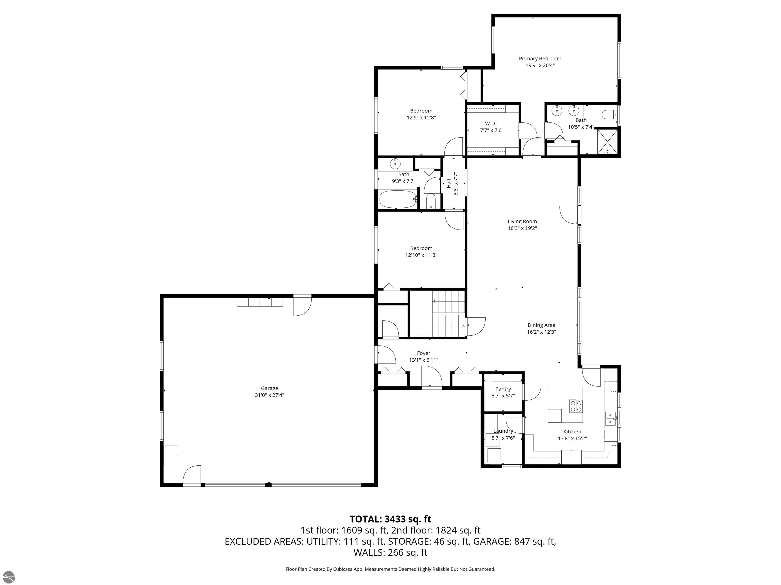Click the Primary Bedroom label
[540, 59]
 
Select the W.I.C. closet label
[491, 123]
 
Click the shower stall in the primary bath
[607, 142]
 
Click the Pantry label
[503, 389]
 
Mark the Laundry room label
[503, 431]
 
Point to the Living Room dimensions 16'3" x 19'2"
[522, 228]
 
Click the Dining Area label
[541, 325]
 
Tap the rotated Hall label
[449, 183]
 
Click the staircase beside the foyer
[448, 314]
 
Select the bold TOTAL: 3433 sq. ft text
[390, 519]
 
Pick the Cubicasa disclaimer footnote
[390, 569]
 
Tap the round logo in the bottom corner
[8, 577]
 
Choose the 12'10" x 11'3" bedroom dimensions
[421, 255]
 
